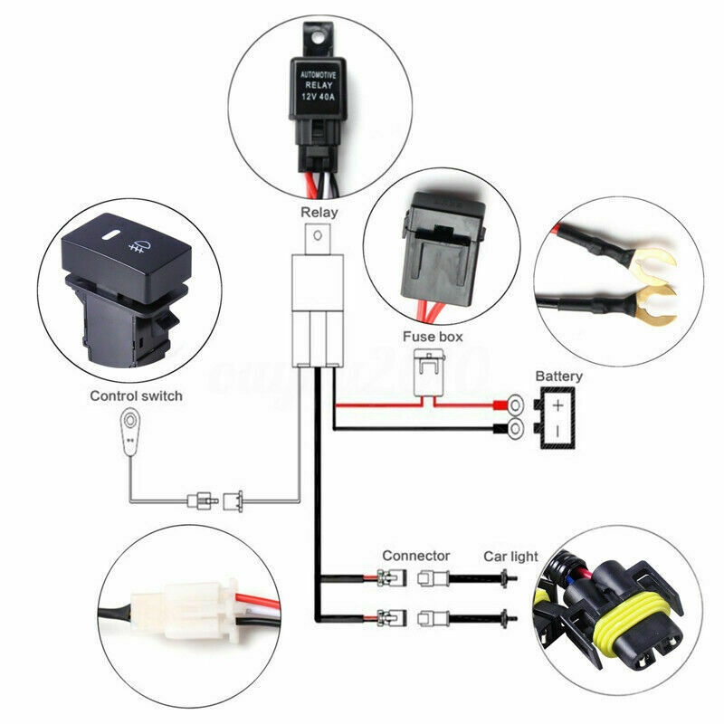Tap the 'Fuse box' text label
pyautogui.click(x=433, y=336)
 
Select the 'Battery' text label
pyautogui.click(x=559, y=376)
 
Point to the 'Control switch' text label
pyautogui.click(x=136, y=395)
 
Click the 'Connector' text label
pyautogui.click(x=416, y=555)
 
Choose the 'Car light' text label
pyautogui.click(x=510, y=556)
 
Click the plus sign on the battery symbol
pyautogui.click(x=559, y=405)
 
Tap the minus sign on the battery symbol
pyautogui.click(x=559, y=429)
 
